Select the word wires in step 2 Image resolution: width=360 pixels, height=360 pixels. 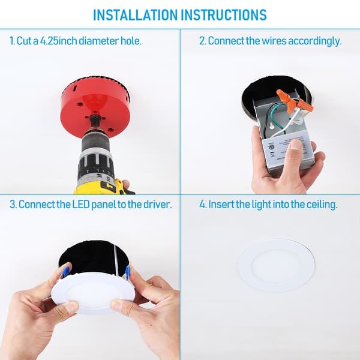point(273,41)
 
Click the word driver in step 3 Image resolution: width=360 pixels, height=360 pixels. point(158,205)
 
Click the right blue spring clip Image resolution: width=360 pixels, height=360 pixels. point(127,274)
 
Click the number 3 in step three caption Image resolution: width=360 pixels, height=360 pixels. point(12,205)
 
